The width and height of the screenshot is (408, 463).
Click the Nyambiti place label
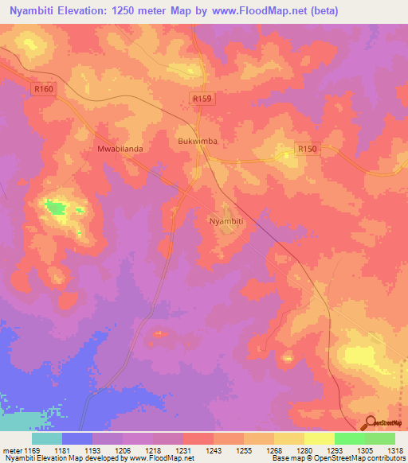pyautogui.click(x=225, y=221)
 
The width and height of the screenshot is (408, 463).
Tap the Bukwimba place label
pyautogui.click(x=196, y=142)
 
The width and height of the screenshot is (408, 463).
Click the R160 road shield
pyautogui.click(x=44, y=90)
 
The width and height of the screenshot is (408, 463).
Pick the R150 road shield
pyautogui.click(x=307, y=149)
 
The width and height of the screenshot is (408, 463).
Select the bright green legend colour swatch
pyautogui.click(x=350, y=438)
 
